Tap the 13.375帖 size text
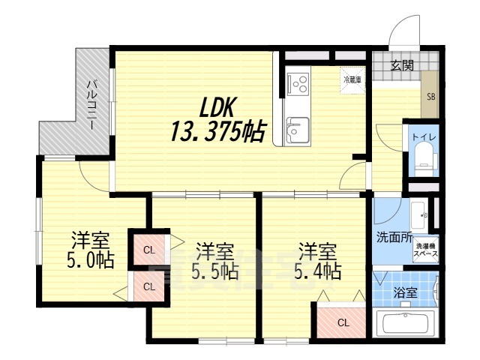pyautogui.click(x=217, y=133)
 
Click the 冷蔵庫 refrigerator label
pyautogui.click(x=352, y=79)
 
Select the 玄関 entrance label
pyautogui.click(x=401, y=65)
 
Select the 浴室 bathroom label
pyautogui.click(x=406, y=293)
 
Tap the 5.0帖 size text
pyautogui.click(x=88, y=262)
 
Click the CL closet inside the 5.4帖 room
pyautogui.click(x=342, y=322)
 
